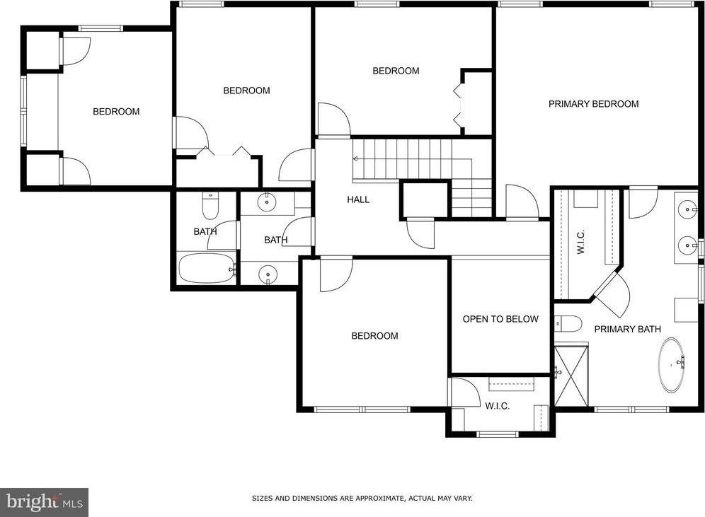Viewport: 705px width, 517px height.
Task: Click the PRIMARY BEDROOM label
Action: pos(593,104)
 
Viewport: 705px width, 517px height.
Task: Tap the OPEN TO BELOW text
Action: pos(500,320)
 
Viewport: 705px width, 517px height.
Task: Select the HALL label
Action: pos(358,199)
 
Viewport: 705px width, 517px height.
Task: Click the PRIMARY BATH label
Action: pos(627,330)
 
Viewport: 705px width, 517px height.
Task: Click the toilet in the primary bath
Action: pos(568,323)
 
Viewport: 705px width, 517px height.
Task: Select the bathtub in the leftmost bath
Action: pos(207,268)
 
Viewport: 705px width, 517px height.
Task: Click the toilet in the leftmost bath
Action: pos(210,205)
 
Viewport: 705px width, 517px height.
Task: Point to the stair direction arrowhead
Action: pos(355,158)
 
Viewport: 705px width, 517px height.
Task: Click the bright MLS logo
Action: pos(44,502)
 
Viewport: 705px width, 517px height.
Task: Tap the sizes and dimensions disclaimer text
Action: pos(362,498)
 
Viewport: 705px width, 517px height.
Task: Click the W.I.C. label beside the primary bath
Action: pos(580,242)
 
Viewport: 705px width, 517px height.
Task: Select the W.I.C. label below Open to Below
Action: pos(498,406)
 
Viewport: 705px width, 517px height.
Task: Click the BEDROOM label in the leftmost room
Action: pos(116,112)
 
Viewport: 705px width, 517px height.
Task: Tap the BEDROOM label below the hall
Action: pos(374,336)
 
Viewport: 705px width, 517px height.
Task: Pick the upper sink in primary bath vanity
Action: pos(687,209)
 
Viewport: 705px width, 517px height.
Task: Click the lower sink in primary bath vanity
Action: pos(687,245)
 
